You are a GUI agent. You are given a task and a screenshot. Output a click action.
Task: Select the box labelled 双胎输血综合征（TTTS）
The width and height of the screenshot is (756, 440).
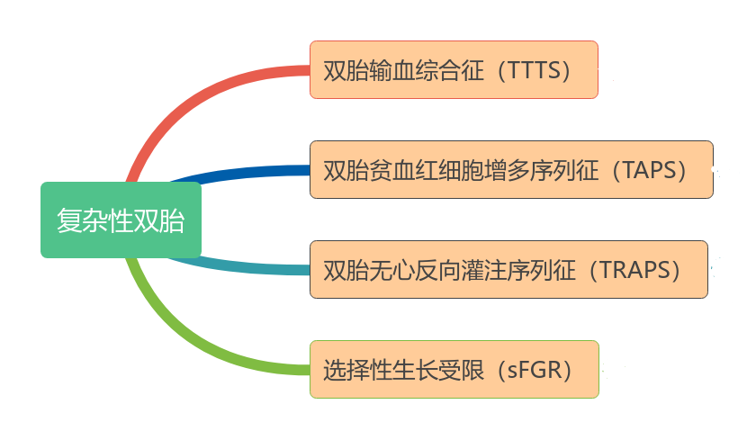[454, 69]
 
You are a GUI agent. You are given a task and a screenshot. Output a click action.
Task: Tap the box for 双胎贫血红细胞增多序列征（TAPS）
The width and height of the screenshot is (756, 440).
[511, 169]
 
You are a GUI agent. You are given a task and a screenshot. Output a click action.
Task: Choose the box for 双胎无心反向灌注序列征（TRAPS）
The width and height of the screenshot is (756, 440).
[508, 269]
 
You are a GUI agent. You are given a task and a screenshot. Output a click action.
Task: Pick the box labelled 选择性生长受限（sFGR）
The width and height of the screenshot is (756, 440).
[454, 369]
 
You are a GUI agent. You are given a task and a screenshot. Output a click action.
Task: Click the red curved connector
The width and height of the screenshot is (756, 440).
[180, 99]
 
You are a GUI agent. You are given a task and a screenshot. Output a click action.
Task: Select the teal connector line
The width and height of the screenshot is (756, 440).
[243, 267]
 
